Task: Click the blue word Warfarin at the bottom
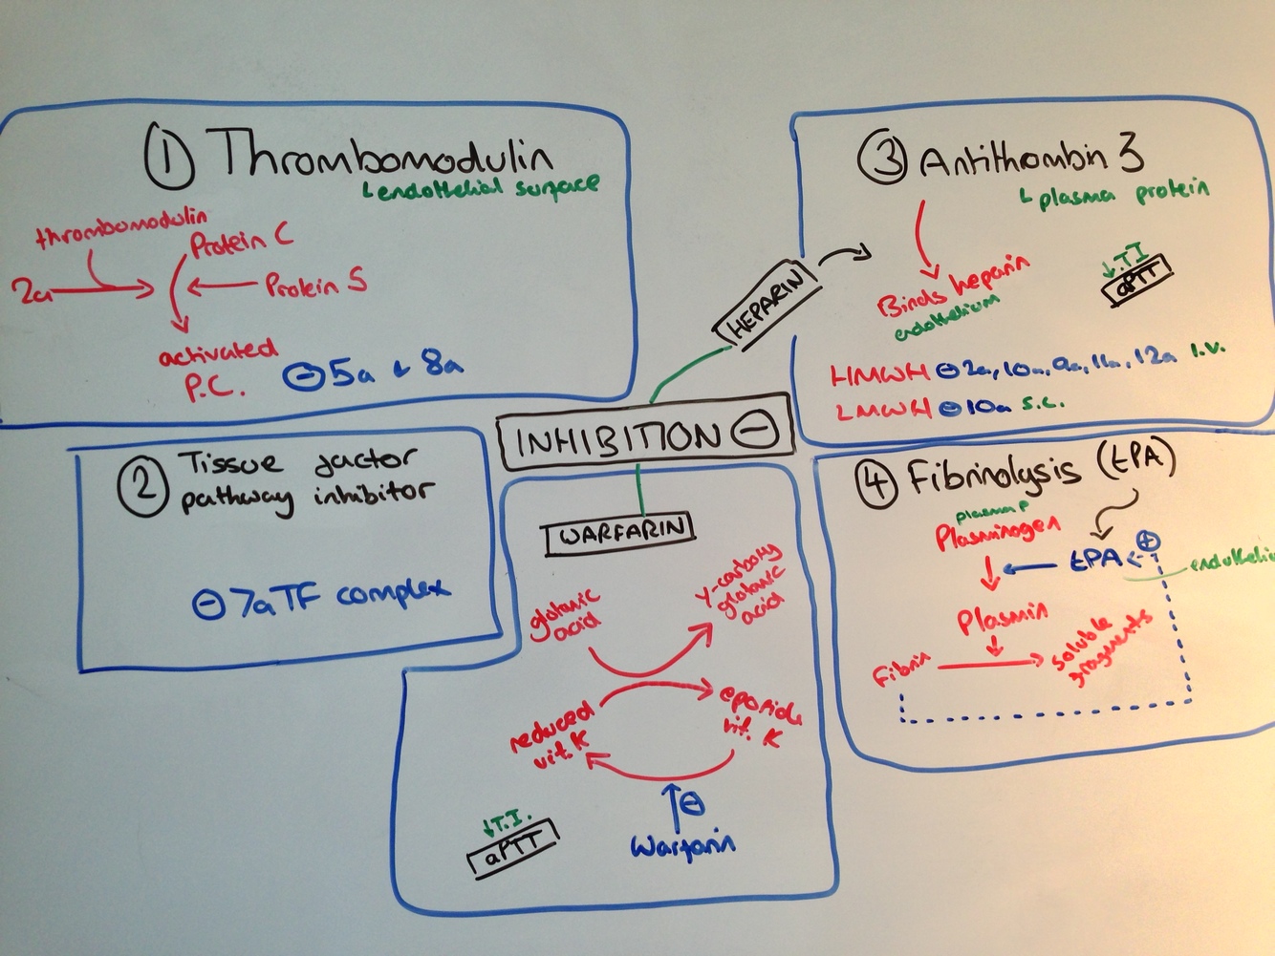(x=682, y=844)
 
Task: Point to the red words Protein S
(x=314, y=284)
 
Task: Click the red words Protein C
(x=241, y=244)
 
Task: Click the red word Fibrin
(x=899, y=672)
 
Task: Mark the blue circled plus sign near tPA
(x=1150, y=542)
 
